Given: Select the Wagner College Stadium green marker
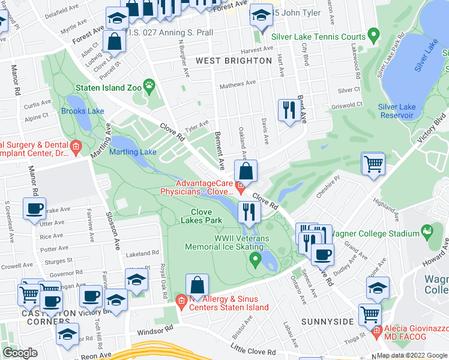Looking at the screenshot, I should tap(427, 230).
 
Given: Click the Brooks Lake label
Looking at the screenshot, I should tap(82, 111).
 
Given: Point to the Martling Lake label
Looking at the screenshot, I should tap(133, 152).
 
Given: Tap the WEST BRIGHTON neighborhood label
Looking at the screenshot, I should tap(234, 61).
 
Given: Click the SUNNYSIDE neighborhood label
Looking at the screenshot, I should tap(327, 322).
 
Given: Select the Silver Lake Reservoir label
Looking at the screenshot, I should tap(397, 111).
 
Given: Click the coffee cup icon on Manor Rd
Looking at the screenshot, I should tap(34, 208).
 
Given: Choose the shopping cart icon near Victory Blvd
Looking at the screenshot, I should tap(373, 163).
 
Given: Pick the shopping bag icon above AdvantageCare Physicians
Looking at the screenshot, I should tap(246, 170).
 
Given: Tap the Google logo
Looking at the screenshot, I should tap(20, 353).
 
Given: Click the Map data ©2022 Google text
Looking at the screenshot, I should tap(412, 355).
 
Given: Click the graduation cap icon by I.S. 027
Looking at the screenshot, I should tap(117, 17).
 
